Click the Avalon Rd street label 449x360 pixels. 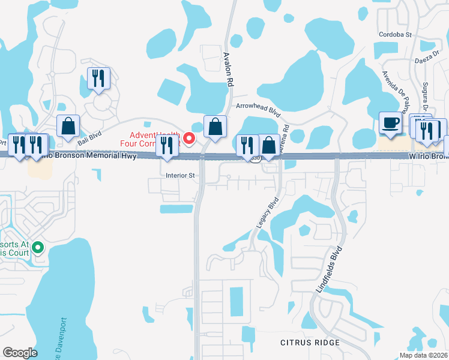tap(228, 70)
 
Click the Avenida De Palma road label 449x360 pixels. tap(396, 89)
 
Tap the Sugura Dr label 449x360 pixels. tap(425, 94)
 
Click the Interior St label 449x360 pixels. tap(181, 176)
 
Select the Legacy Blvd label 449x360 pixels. tap(268, 213)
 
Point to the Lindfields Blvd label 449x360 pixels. tap(330, 268)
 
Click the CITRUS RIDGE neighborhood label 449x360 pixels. tap(310, 343)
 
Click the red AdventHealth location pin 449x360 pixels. tap(189, 139)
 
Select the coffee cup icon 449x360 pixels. tap(391, 123)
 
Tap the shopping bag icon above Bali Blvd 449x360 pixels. tap(68, 126)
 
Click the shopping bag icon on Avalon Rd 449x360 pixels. tap(215, 127)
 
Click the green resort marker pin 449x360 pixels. tap(38, 247)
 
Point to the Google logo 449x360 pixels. tap(20, 353)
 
